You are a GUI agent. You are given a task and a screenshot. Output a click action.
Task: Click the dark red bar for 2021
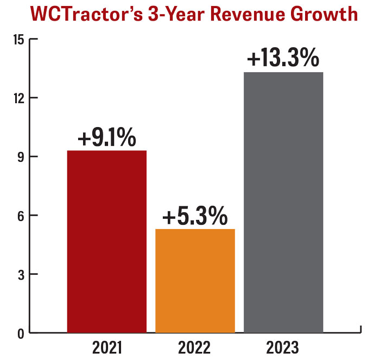click(106, 242)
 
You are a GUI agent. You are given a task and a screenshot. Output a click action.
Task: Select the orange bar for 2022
click(195, 281)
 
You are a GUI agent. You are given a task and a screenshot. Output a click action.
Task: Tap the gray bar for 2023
click(283, 202)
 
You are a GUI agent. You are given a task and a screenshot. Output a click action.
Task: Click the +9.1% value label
click(106, 137)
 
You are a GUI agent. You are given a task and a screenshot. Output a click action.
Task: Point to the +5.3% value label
click(195, 217)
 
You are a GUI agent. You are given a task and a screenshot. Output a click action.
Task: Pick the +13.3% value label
click(283, 59)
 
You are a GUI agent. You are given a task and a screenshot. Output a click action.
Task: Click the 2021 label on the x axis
click(106, 346)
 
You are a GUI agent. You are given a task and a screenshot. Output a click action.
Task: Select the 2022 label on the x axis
click(195, 346)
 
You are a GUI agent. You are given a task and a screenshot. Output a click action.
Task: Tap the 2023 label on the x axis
click(283, 346)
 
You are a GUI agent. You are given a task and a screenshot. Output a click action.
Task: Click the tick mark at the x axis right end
click(361, 329)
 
